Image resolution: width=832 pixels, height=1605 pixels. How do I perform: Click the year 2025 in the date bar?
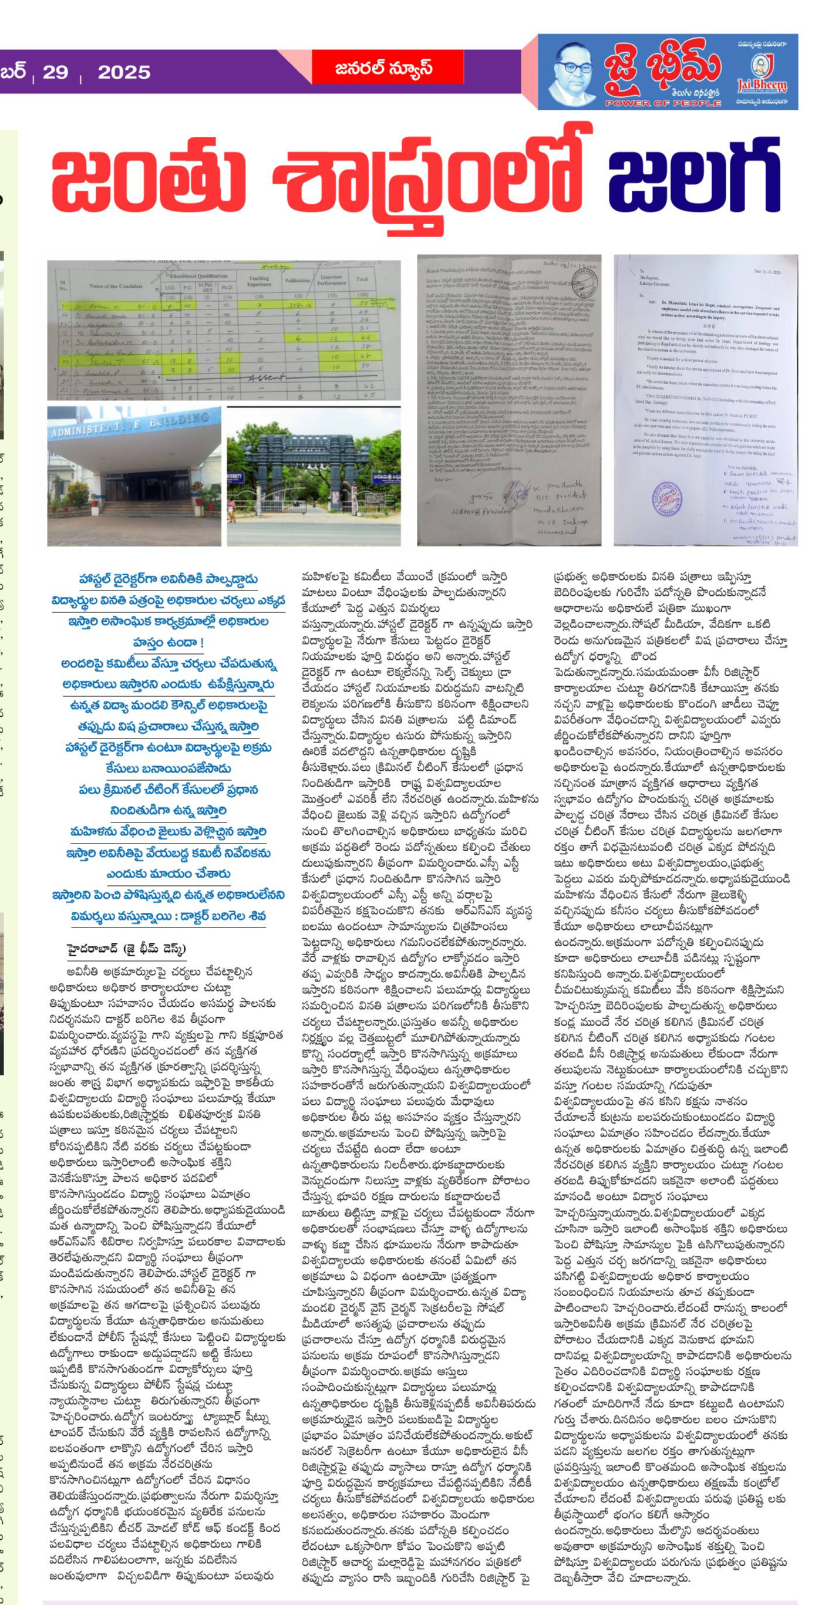[124, 72]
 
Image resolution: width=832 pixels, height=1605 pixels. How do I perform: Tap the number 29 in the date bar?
[55, 72]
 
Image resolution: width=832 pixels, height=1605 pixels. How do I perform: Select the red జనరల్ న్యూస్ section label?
[385, 68]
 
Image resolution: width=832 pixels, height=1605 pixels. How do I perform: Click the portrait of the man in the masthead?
[571, 73]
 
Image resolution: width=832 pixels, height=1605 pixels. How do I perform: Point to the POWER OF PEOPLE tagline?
[662, 103]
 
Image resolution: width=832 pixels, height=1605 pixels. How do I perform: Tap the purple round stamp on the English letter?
[667, 499]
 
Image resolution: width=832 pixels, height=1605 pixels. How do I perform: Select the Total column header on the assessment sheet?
[362, 279]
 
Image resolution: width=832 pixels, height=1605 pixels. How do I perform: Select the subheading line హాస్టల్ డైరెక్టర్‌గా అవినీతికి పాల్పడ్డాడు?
[169, 579]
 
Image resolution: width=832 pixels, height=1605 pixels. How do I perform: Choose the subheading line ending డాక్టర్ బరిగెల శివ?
[169, 916]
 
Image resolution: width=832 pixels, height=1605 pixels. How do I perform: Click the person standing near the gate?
[232, 508]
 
